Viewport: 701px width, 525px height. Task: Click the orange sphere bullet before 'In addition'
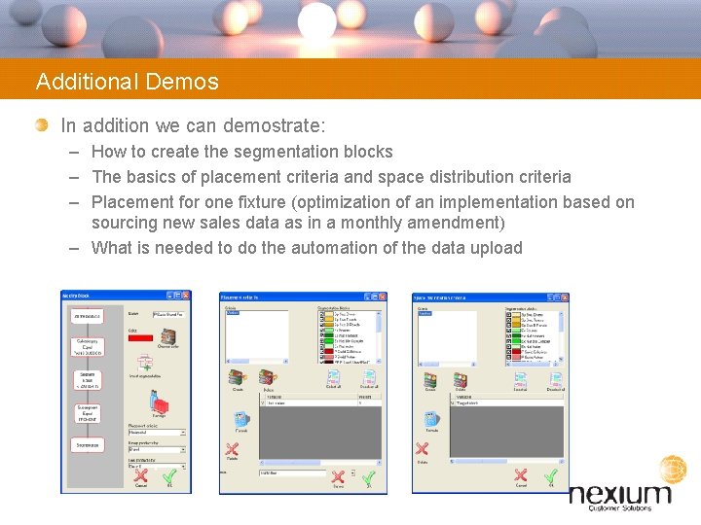click(41, 125)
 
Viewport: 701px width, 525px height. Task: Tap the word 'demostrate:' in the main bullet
click(276, 125)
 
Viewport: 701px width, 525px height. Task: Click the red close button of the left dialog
click(186, 296)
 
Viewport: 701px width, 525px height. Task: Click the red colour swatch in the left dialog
click(139, 336)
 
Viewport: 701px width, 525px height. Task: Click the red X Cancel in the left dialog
click(140, 476)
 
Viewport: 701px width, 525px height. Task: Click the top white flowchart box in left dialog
click(87, 315)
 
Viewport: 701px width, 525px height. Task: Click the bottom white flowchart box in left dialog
click(87, 444)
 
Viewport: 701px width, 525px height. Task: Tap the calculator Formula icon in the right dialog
click(428, 421)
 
